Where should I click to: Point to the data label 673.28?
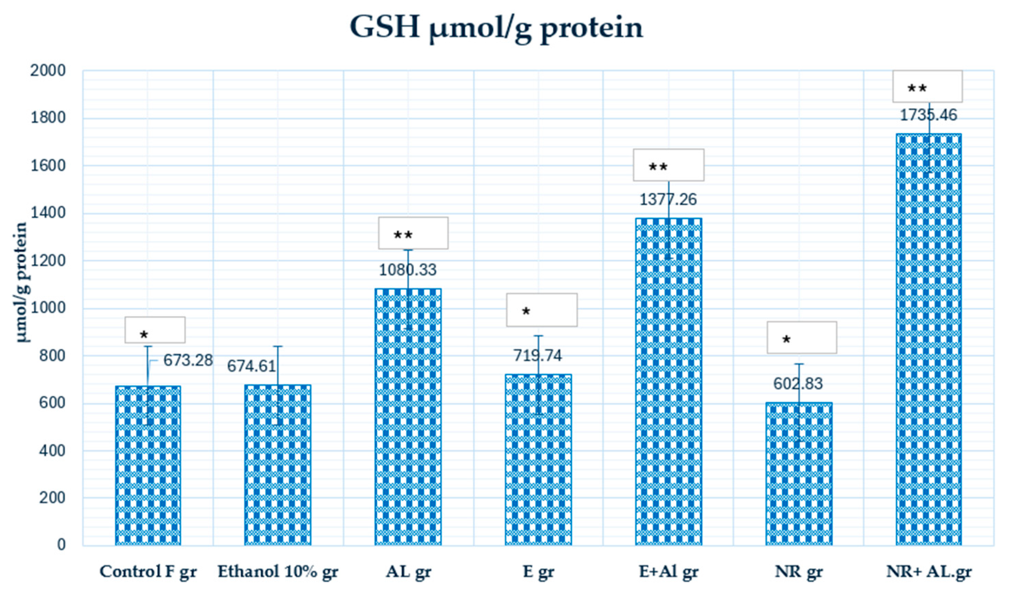pyautogui.click(x=188, y=360)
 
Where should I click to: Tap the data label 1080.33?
pyautogui.click(x=408, y=270)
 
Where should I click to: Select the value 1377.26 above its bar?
pyautogui.click(x=668, y=199)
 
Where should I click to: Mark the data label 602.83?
pyautogui.click(x=798, y=384)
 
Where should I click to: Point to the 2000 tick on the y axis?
pyautogui.click(x=47, y=71)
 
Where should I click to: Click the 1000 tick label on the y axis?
pyautogui.click(x=47, y=308)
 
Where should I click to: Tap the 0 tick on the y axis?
pyautogui.click(x=61, y=545)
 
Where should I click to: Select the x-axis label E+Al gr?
pyautogui.click(x=669, y=571)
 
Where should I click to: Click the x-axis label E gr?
pyautogui.click(x=538, y=571)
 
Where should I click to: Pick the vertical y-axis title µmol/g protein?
pyautogui.click(x=21, y=282)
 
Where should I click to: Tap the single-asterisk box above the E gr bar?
pyautogui.click(x=542, y=310)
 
